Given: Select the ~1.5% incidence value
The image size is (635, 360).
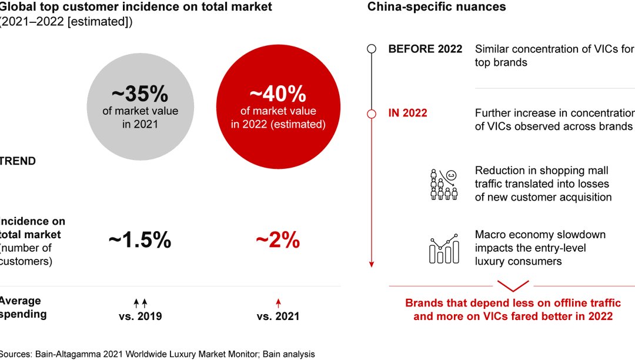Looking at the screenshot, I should [140, 240].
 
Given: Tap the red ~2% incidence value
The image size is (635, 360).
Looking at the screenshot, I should [278, 240].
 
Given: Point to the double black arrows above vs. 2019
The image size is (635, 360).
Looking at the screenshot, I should [140, 304].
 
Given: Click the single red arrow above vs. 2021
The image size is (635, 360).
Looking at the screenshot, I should [278, 304].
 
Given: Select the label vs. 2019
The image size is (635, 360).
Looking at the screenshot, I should [140, 316].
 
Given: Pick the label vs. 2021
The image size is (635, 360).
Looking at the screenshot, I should [278, 316].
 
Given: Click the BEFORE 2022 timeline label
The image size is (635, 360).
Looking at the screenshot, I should [425, 49].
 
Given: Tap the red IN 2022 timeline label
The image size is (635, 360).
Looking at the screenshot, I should [407, 113].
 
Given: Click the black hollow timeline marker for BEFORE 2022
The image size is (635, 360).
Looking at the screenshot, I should [372, 49].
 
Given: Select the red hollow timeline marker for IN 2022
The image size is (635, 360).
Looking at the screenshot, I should [372, 113].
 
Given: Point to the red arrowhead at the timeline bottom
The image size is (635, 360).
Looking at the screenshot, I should [372, 264].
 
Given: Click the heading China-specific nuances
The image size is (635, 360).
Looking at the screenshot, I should [436, 8].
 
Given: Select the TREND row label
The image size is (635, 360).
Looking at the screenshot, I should [18, 161].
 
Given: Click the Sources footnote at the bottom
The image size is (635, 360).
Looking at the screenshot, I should [158, 354].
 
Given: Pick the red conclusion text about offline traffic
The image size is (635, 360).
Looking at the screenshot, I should [513, 309].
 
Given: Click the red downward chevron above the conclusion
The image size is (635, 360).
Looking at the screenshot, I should [513, 286].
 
